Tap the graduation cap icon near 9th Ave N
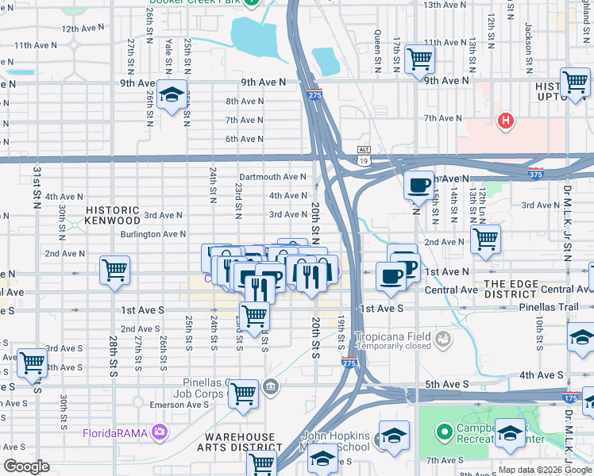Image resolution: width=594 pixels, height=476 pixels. click(171, 96)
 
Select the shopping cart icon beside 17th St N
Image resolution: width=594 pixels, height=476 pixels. click(419, 59)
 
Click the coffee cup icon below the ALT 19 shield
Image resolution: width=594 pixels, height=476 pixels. click(418, 186)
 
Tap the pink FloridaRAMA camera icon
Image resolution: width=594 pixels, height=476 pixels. click(161, 432)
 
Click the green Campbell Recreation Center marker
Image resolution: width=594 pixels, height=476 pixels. click(444, 432)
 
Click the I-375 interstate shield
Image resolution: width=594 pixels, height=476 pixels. click(538, 172)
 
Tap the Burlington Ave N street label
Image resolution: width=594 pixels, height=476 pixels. click(152, 234)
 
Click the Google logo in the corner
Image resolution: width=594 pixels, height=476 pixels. click(26, 466)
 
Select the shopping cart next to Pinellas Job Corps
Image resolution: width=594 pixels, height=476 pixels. click(244, 392)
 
